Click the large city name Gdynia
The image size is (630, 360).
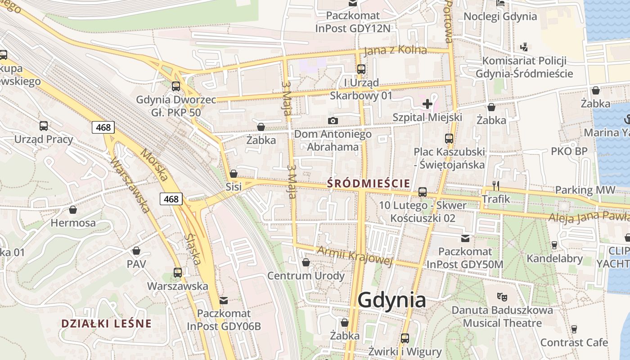click(x=392, y=300)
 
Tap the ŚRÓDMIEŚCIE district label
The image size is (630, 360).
click(x=369, y=183)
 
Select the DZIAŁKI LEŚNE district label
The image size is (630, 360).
click(x=106, y=323)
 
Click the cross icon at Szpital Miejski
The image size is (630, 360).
click(x=427, y=104)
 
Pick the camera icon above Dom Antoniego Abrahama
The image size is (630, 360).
click(x=333, y=121)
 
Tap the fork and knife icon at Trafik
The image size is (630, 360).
click(x=496, y=185)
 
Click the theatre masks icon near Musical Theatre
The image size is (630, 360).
click(x=502, y=297)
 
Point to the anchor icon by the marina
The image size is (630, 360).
click(x=626, y=120)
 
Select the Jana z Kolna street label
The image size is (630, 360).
click(x=395, y=49)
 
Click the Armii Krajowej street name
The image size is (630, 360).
click(x=355, y=255)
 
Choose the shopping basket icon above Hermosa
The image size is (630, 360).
click(x=73, y=210)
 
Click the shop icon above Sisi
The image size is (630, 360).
click(x=234, y=174)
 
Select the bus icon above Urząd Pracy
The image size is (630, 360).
click(x=44, y=126)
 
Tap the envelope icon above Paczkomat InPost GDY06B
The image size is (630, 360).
click(x=224, y=300)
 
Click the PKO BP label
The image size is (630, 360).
click(x=569, y=151)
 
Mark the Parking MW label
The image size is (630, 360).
click(x=585, y=190)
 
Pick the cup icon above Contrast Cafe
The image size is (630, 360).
click(x=574, y=329)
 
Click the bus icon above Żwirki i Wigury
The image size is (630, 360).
click(x=405, y=338)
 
